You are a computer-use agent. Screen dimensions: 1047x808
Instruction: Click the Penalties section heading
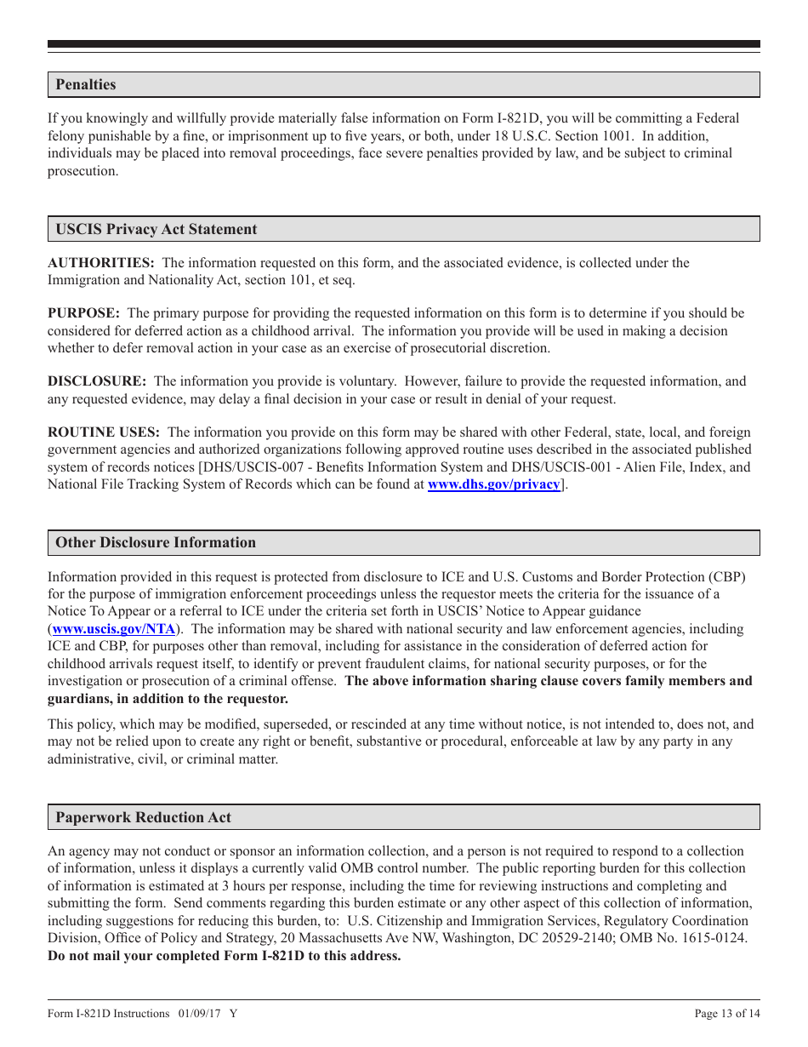86,85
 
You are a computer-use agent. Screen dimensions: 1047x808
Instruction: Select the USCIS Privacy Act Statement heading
156,230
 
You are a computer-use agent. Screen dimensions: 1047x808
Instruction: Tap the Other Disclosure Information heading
156,543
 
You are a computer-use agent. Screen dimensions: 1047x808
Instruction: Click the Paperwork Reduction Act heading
143,818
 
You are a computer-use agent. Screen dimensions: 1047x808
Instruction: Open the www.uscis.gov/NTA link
114,629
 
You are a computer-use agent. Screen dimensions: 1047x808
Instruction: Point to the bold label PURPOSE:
83,313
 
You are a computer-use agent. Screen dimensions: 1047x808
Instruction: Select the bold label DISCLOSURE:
97,381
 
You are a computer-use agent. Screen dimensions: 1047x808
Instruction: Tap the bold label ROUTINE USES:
104,432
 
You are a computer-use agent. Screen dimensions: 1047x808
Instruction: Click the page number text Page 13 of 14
727,1014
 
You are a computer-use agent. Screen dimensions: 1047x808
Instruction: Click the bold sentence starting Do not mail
224,956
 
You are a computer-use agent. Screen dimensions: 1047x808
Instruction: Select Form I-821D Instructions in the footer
109,1014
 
